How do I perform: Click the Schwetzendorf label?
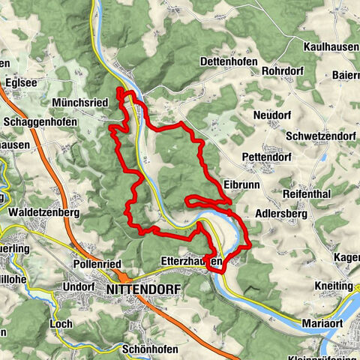point(322,137)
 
